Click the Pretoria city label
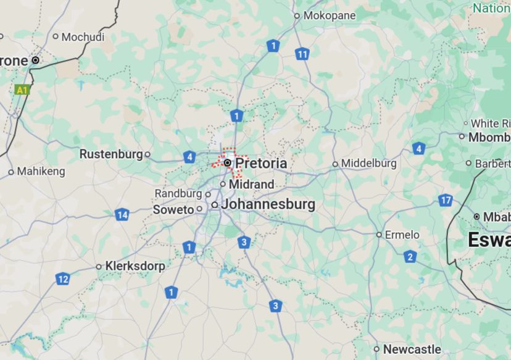[261, 164]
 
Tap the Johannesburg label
[268, 204]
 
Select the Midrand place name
[251, 185]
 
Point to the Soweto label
[173, 210]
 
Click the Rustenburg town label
[111, 154]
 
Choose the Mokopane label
[330, 16]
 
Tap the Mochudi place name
[83, 37]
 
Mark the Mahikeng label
[41, 171]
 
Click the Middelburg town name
[369, 164]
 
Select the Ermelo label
[402, 235]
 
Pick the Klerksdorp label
[135, 266]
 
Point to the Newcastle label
[412, 350]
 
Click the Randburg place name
[178, 194]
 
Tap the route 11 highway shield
[301, 54]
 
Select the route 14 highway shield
[122, 215]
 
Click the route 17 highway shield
[446, 200]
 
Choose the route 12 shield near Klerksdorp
[62, 279]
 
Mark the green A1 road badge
[22, 90]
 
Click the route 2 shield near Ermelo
[410, 257]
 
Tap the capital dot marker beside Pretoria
[228, 163]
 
